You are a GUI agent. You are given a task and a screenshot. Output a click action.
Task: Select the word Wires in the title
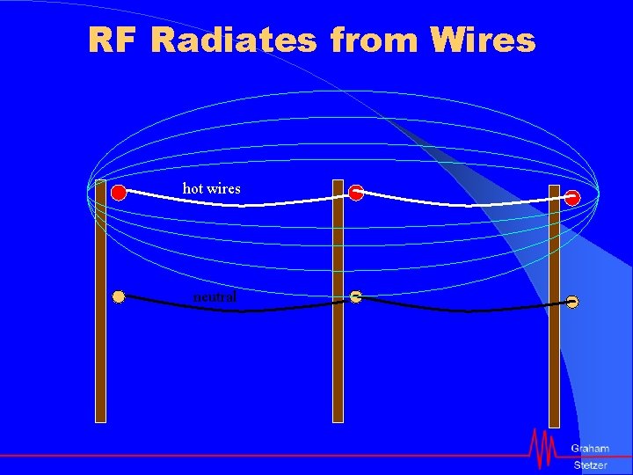click(483, 40)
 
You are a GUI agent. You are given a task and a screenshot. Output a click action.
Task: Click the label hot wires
click(211, 188)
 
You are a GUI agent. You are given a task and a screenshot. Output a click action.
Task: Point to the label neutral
click(215, 297)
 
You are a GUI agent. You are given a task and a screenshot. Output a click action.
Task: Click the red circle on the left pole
click(119, 194)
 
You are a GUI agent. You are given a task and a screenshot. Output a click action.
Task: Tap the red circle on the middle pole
click(355, 194)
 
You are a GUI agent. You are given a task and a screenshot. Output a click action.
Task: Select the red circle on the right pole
click(572, 198)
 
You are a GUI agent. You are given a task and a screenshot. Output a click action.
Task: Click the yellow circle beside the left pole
click(119, 296)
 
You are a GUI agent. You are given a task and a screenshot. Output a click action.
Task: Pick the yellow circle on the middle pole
click(355, 296)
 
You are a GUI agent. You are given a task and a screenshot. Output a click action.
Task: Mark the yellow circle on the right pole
click(572, 303)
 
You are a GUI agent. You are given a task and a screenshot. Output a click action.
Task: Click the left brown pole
click(100, 352)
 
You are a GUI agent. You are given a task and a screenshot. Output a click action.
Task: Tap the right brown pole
click(554, 369)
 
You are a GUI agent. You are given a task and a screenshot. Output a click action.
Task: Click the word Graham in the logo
click(589, 449)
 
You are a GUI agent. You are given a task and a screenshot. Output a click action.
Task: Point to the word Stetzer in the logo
click(590, 464)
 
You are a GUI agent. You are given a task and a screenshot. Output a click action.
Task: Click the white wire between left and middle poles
click(237, 204)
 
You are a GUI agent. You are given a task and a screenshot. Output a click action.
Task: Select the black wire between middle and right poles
click(466, 310)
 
